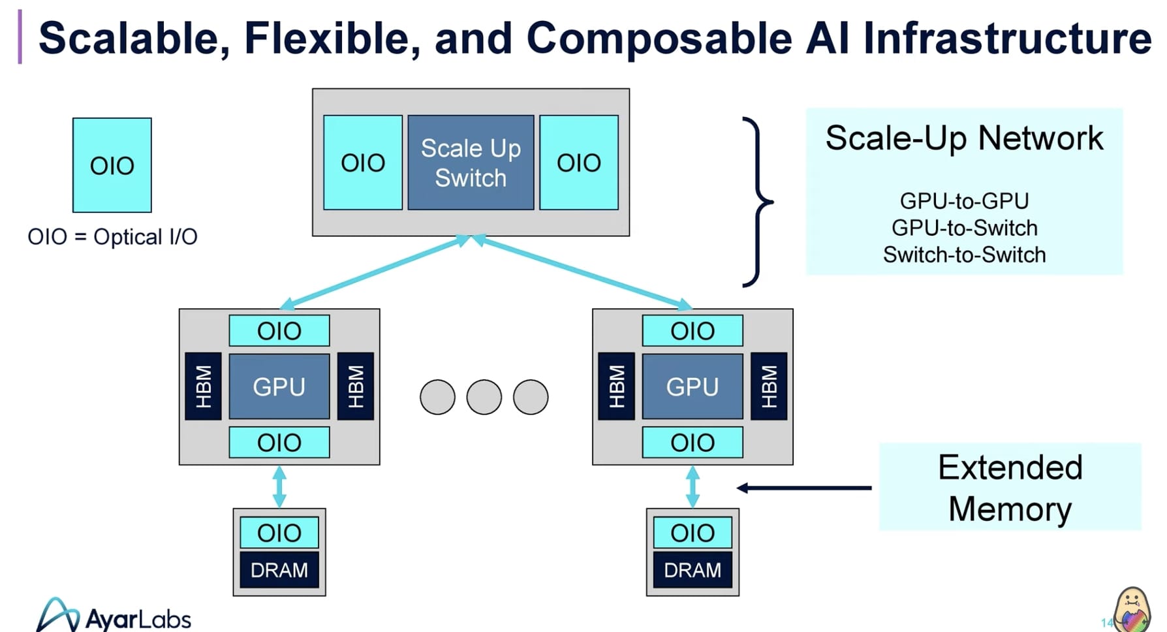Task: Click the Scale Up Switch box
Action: [x=471, y=163]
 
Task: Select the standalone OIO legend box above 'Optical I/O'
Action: [x=112, y=165]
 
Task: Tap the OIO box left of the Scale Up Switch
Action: [x=363, y=163]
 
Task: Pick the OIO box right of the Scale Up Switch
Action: [x=579, y=163]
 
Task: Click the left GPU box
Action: [x=279, y=387]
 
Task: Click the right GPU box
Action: [x=692, y=387]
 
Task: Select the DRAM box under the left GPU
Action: [x=279, y=570]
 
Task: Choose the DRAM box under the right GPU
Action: [x=692, y=570]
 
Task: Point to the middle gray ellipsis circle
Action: [x=484, y=397]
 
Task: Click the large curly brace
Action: [x=758, y=202]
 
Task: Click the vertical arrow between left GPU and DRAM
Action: [x=279, y=486]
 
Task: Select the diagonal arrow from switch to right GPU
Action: [x=581, y=271]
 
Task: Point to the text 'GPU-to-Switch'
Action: [x=964, y=228]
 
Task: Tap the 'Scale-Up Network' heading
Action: [x=964, y=138]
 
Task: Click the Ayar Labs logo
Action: [x=114, y=616]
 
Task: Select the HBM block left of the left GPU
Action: [x=204, y=387]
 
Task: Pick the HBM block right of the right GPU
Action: [x=769, y=387]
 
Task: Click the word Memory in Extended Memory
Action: [x=1010, y=509]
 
